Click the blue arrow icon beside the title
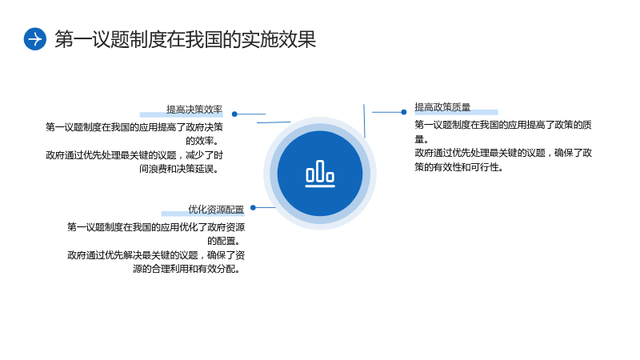click(x=35, y=39)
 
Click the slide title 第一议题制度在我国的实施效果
click(x=186, y=39)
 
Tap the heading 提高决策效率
click(x=194, y=110)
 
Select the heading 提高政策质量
click(x=443, y=107)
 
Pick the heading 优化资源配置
click(x=216, y=210)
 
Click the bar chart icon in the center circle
click(x=320, y=174)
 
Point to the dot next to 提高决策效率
click(x=234, y=114)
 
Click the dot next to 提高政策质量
click(x=404, y=112)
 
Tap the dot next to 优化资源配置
click(x=253, y=208)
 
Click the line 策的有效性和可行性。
click(x=458, y=167)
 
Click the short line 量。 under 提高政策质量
click(x=422, y=139)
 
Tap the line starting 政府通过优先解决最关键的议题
click(x=156, y=255)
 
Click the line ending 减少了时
click(x=134, y=155)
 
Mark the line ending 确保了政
click(x=503, y=153)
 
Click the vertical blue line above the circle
click(x=364, y=121)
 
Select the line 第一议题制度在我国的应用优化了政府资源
click(x=156, y=227)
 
